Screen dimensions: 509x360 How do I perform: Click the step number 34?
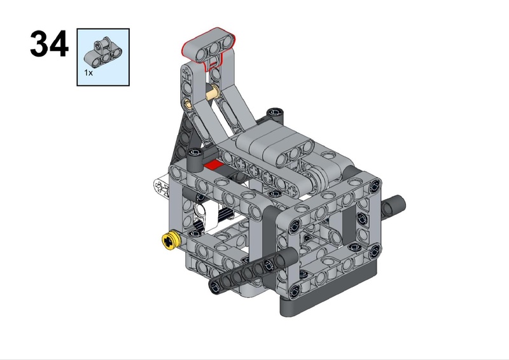[x=50, y=44]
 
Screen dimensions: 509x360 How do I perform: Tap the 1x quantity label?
[x=88, y=73]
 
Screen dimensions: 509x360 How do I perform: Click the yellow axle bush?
[x=171, y=241]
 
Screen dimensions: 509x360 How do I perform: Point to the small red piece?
[x=214, y=165]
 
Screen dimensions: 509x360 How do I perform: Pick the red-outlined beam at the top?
[x=209, y=48]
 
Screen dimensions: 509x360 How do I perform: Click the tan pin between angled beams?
[x=213, y=92]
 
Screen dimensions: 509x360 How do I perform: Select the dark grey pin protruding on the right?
[x=393, y=205]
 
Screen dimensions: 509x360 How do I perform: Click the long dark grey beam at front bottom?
[x=253, y=270]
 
